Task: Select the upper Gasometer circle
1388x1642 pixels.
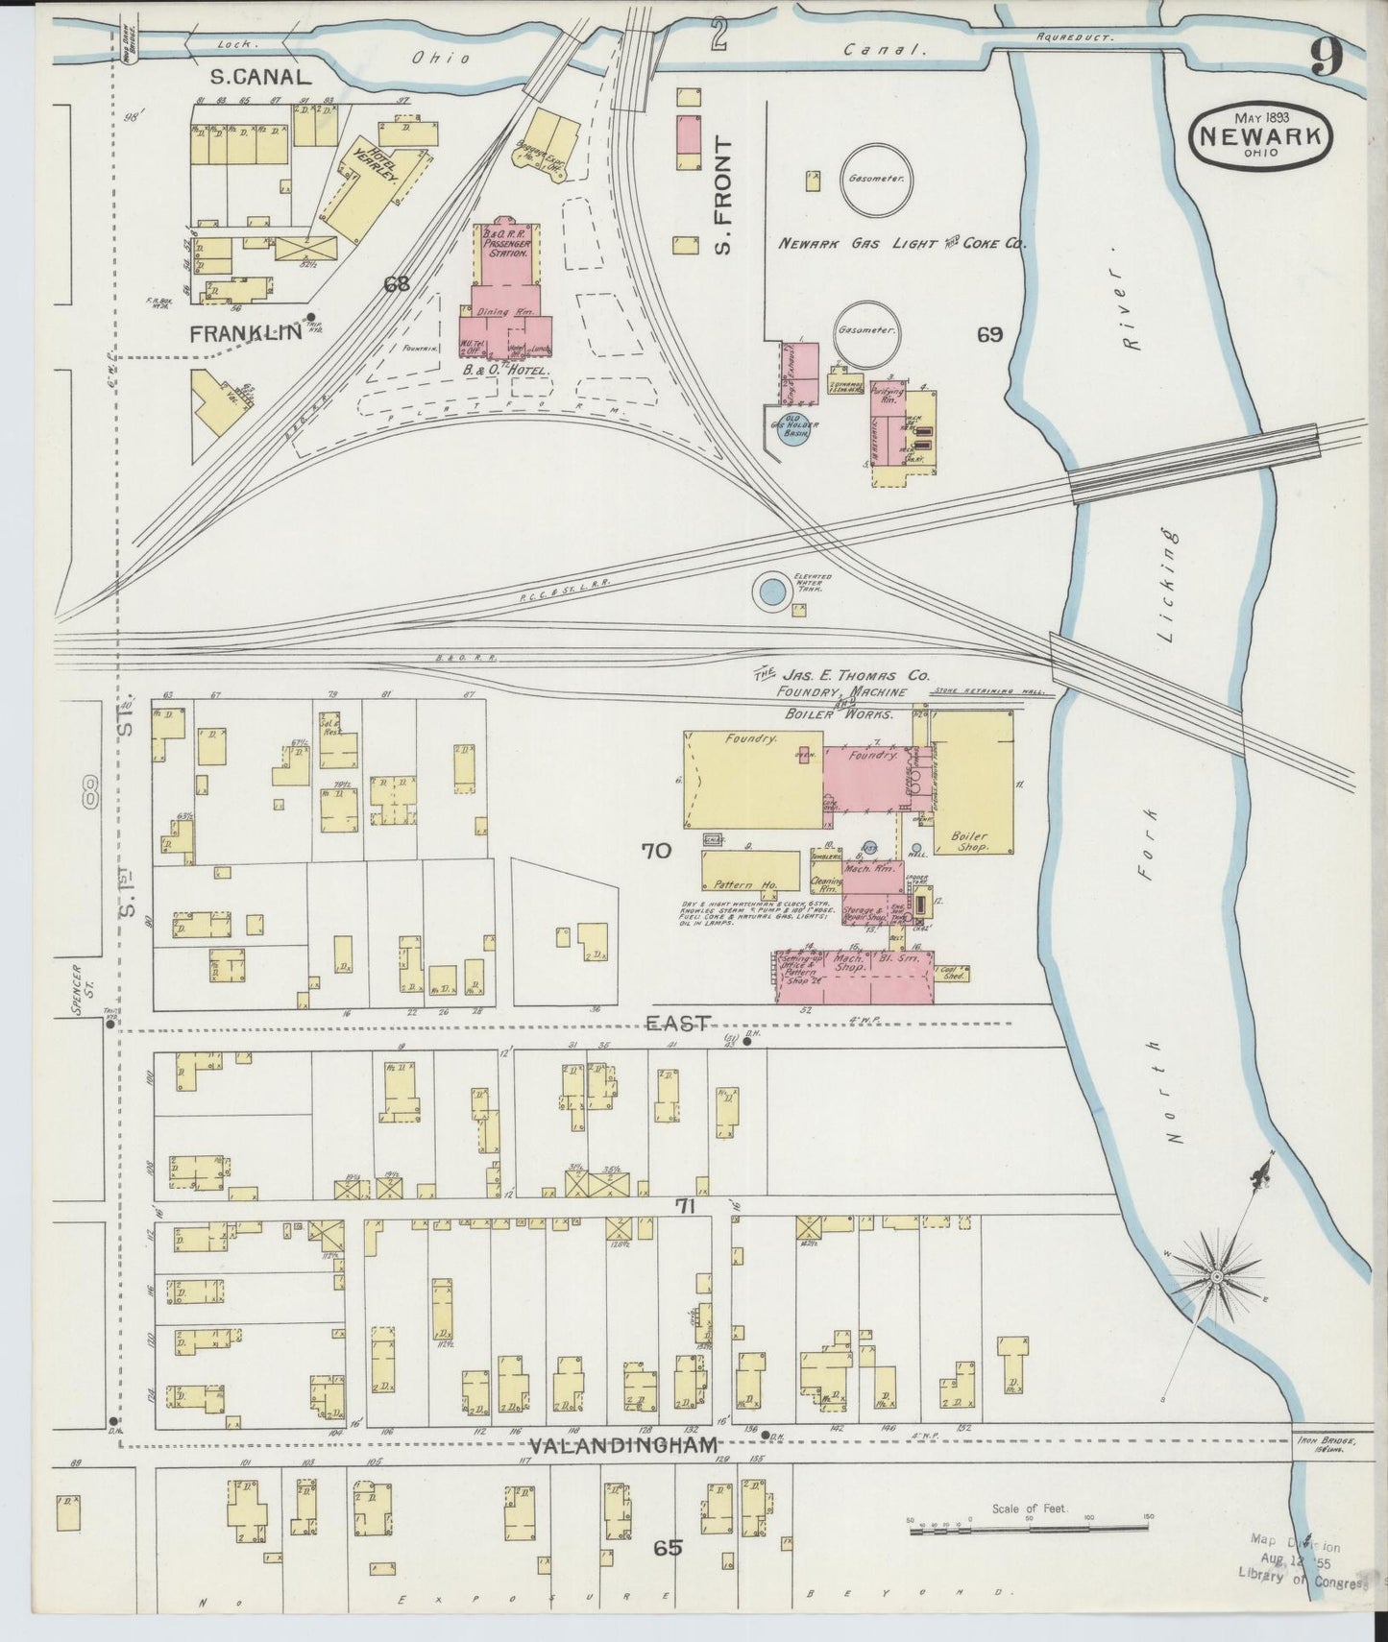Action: point(876,180)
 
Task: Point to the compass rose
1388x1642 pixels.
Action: point(1216,1276)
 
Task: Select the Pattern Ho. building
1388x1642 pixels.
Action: point(750,872)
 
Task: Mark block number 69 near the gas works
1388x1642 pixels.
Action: point(989,334)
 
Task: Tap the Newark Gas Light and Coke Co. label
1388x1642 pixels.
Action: point(901,245)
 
